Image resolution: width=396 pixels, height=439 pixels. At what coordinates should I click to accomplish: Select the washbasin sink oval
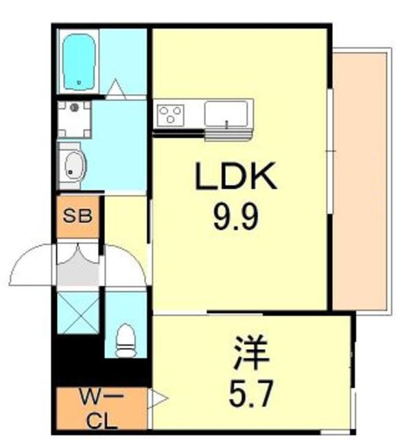[72, 164]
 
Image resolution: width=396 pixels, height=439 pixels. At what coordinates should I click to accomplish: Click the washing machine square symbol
[75, 119]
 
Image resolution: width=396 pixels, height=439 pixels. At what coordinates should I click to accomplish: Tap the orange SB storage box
[78, 217]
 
